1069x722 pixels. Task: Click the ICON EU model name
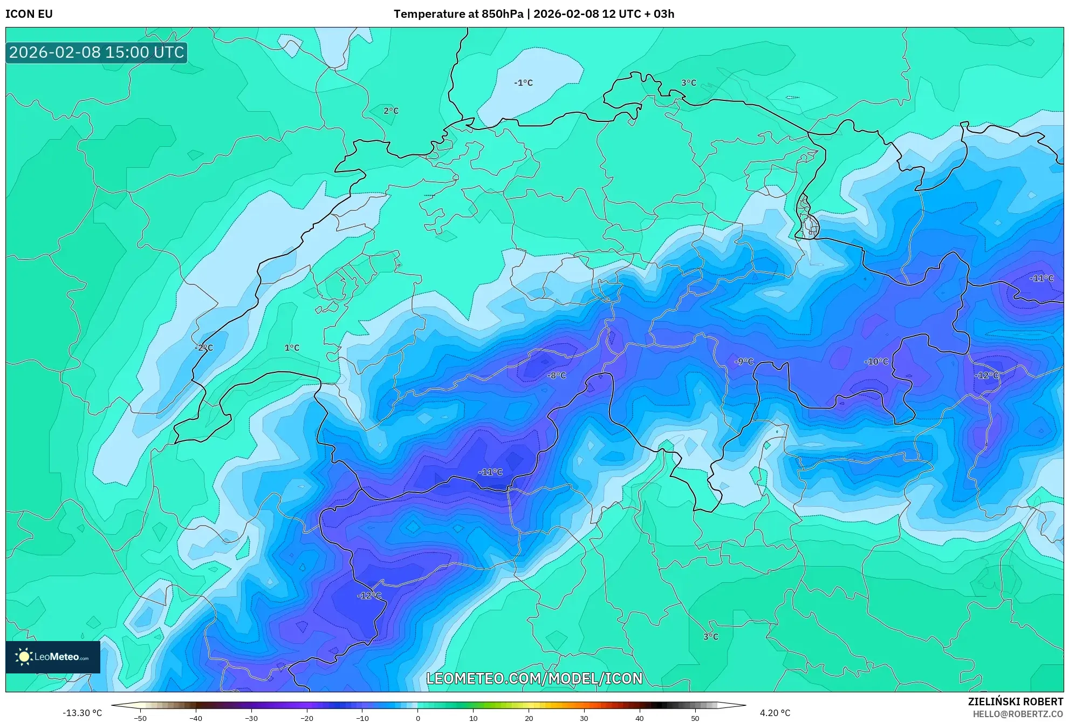[x=29, y=14]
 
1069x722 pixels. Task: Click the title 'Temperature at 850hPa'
[x=458, y=14]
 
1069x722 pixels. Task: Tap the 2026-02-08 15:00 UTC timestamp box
[x=97, y=52]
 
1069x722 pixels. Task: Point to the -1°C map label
[x=523, y=83]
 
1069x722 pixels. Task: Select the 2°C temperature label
[x=391, y=111]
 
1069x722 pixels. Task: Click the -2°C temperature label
[x=204, y=348]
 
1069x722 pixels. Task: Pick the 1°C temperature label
[x=292, y=348]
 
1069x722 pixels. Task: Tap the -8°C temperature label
[x=557, y=375]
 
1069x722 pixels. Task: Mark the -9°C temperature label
[x=744, y=361]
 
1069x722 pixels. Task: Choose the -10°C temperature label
[x=876, y=361]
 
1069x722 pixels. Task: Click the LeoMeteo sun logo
[x=24, y=657]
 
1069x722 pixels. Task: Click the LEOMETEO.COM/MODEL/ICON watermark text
[x=534, y=678]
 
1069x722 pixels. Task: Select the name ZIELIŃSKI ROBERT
[x=1016, y=701]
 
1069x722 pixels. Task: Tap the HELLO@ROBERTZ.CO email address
[x=1018, y=714]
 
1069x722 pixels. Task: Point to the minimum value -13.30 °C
[x=82, y=713]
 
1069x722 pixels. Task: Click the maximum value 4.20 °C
[x=775, y=713]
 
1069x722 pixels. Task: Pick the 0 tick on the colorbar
[x=417, y=718]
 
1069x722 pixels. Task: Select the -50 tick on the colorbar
[x=140, y=718]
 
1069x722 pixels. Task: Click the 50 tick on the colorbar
[x=695, y=718]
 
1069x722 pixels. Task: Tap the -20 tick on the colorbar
[x=306, y=718]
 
